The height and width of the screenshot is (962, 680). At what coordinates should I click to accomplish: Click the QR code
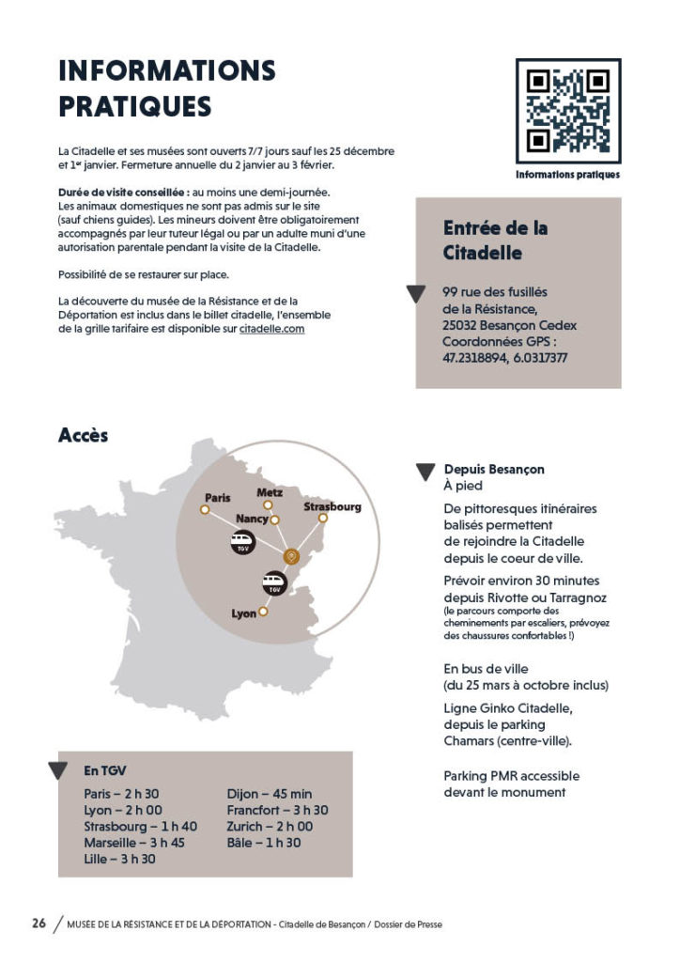point(567,112)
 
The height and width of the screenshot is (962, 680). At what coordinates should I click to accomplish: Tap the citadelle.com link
point(271,329)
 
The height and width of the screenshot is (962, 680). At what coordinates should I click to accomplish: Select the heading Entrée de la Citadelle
point(495,240)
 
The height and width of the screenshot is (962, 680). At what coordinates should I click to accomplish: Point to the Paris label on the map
point(218,497)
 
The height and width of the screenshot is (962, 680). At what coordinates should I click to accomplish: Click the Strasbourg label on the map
point(332,506)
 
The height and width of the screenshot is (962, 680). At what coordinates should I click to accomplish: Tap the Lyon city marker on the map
point(264,612)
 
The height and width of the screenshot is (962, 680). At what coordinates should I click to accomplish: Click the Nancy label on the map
point(252,519)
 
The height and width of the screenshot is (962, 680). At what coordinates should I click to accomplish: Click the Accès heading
point(83,435)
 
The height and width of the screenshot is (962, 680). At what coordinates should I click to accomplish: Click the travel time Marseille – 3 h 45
point(133,842)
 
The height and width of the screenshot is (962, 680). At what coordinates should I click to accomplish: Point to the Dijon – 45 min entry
point(270,793)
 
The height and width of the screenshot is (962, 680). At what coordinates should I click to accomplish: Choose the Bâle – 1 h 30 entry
point(264,842)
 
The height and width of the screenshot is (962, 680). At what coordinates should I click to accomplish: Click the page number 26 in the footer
point(39,923)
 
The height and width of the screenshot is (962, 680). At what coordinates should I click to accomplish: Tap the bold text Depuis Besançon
point(494,469)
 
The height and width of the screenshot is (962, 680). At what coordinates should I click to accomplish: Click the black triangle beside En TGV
point(58,771)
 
